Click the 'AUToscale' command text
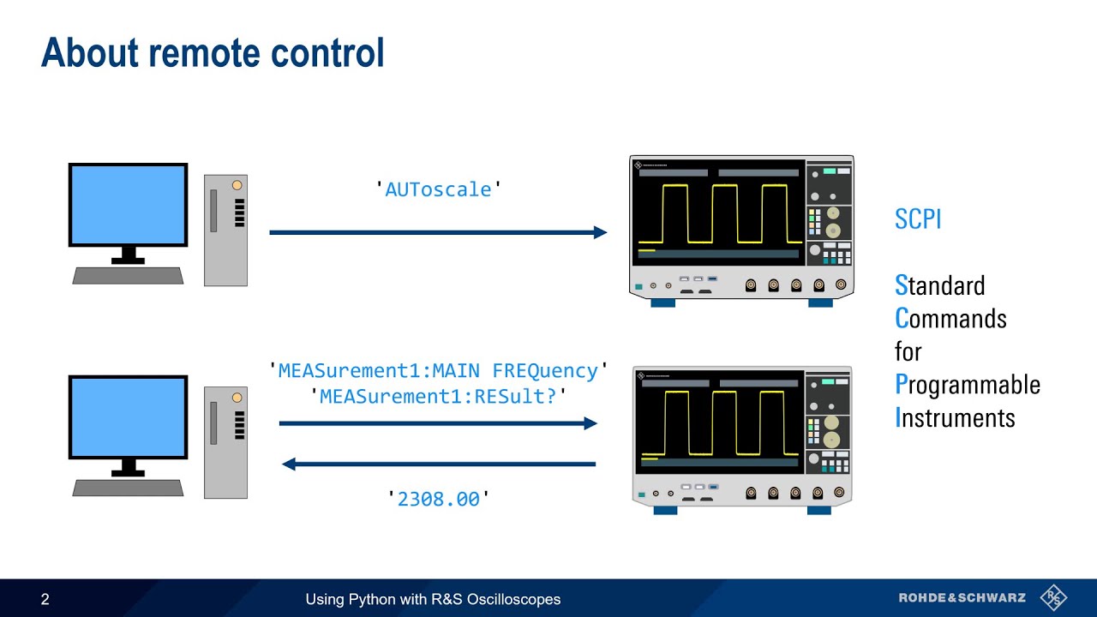click(438, 189)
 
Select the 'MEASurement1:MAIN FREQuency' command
click(438, 371)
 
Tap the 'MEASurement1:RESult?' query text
click(438, 397)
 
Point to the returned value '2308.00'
click(438, 499)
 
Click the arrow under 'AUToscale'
click(438, 232)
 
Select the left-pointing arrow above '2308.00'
click(438, 464)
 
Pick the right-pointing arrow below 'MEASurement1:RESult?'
click(438, 423)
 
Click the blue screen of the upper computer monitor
click(128, 205)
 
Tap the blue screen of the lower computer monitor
click(128, 416)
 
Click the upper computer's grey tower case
click(225, 230)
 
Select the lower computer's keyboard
click(128, 488)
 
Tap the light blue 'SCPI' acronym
click(918, 219)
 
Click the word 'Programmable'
click(968, 385)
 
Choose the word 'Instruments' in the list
click(955, 418)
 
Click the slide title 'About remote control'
click(213, 53)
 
